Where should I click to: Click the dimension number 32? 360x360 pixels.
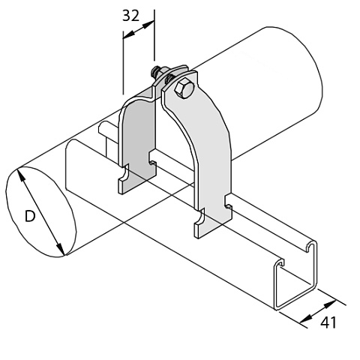pos(130,16)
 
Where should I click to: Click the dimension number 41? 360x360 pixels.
pos(328,322)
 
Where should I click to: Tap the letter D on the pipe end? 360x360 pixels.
pos(30,216)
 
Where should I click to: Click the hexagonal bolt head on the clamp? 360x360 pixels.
pos(184,89)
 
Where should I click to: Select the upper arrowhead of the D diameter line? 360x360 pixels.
pos(21,175)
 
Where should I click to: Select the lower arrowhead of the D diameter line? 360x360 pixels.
pos(60,248)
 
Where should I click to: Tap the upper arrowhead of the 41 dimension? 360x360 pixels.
pos(330,304)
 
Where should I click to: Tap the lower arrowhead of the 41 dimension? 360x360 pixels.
pos(306,318)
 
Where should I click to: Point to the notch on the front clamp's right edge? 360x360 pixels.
pos(228,202)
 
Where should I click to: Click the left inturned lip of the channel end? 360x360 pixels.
pos(280,262)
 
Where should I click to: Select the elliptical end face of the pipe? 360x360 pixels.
pos(41,212)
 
